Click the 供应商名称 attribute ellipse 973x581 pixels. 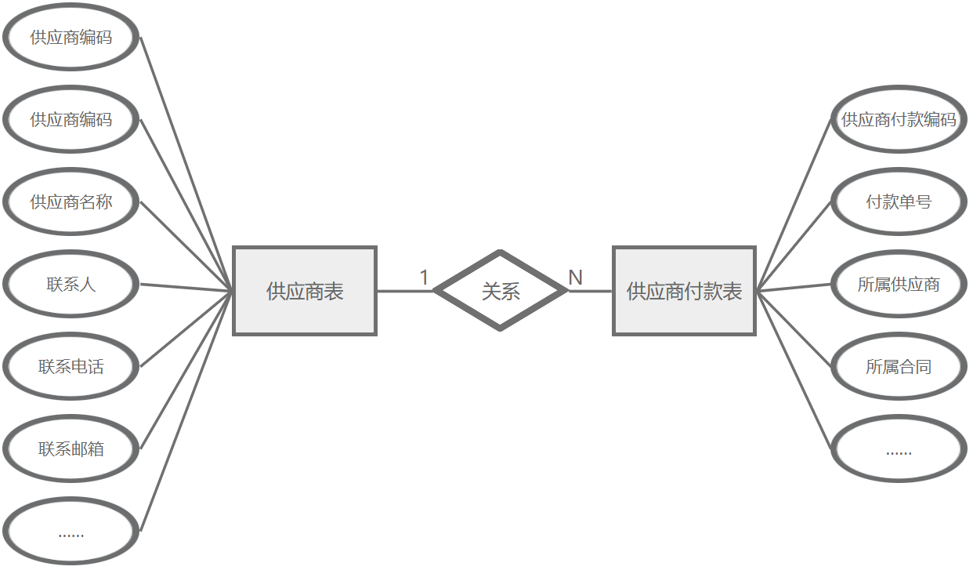click(x=71, y=202)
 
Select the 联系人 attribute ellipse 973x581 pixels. click(x=71, y=285)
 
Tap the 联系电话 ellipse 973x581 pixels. click(x=71, y=367)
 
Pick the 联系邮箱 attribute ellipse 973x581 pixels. click(x=71, y=449)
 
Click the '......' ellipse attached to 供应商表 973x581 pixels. click(x=71, y=532)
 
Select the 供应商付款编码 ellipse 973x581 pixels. click(x=899, y=120)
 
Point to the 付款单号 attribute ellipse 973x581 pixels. click(x=899, y=202)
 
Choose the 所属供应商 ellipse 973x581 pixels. click(x=899, y=285)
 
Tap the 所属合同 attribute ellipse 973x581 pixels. click(x=899, y=367)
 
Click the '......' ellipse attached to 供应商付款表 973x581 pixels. click(x=899, y=449)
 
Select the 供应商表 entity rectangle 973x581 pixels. click(x=305, y=291)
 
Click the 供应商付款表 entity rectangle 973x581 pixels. click(x=684, y=291)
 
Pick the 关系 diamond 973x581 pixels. click(x=500, y=291)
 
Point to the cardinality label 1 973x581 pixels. click(x=424, y=278)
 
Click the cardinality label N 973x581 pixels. click(x=575, y=278)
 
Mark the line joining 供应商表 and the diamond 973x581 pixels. click(x=404, y=291)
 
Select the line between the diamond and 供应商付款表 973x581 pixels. click(x=590, y=291)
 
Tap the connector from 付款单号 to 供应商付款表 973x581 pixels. click(x=794, y=246)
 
